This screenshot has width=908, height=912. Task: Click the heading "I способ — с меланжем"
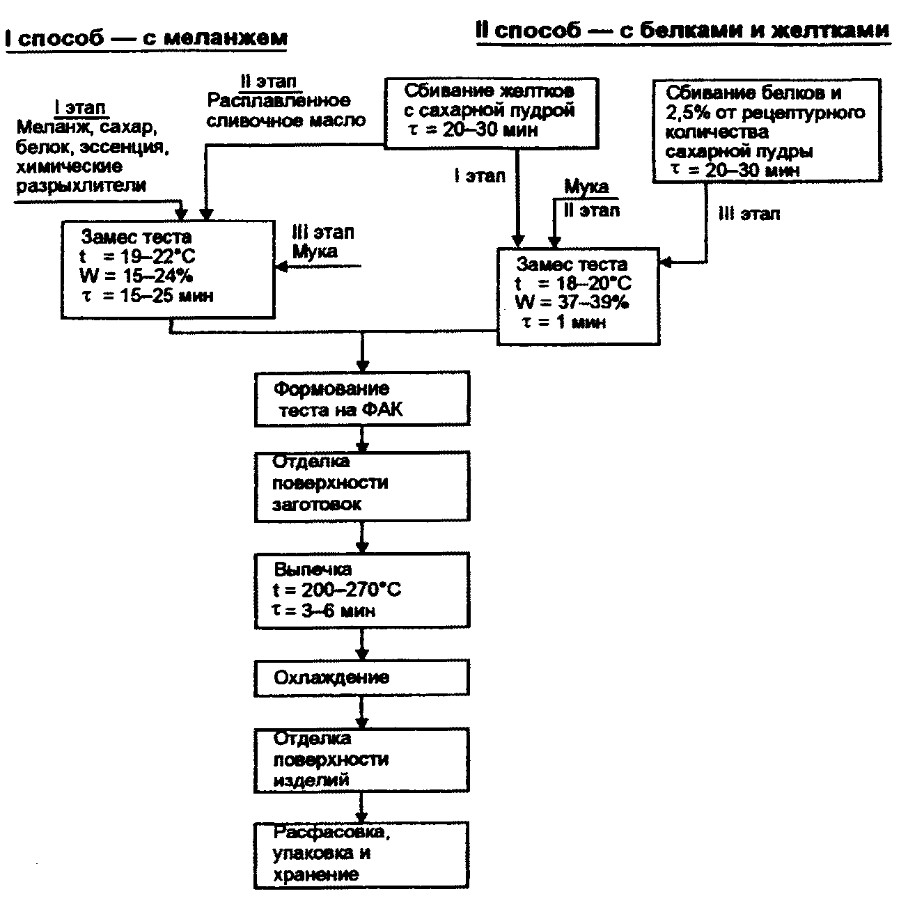tap(146, 38)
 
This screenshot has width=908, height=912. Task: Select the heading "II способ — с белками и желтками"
tap(682, 31)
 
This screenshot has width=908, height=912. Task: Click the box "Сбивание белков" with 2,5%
tap(766, 131)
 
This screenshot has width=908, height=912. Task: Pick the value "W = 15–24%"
tap(136, 276)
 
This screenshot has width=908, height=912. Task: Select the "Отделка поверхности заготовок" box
tap(361, 486)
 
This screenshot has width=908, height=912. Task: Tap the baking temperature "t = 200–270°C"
tap(337, 590)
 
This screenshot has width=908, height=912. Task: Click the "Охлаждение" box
tap(361, 678)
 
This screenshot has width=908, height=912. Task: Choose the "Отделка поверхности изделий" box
tap(361, 760)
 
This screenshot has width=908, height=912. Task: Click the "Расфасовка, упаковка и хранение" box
tap(361, 854)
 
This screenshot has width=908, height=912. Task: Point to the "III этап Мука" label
tap(322, 241)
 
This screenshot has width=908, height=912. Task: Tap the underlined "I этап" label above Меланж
tap(80, 108)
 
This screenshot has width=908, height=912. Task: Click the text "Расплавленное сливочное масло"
tap(285, 110)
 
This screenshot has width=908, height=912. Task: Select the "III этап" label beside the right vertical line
tap(749, 214)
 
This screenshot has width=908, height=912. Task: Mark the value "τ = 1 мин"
tap(564, 322)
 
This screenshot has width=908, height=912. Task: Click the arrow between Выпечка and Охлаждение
tap(361, 645)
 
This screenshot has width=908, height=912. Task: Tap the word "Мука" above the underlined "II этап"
tap(586, 187)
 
